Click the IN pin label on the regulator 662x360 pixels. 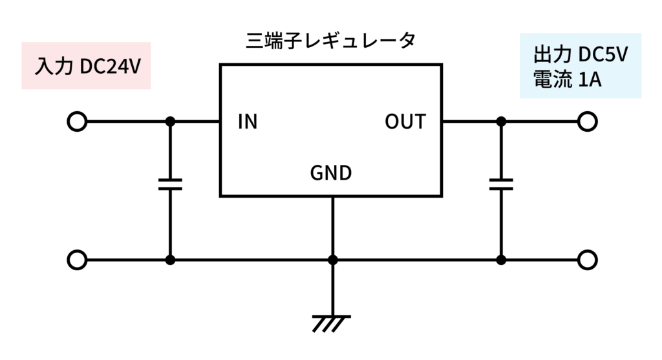pos(247,122)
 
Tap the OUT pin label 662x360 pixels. pos(405,122)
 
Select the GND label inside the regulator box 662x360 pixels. pos(331,173)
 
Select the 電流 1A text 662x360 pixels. pos(568,81)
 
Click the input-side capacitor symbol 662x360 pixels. pos(170,184)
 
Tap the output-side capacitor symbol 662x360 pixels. pos(501,184)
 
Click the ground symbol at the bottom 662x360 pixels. pos(332,323)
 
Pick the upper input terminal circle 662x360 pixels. pos(76,122)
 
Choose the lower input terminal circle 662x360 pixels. pos(76,260)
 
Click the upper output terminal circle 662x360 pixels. pos(587,122)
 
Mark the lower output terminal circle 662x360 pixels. pos(587,260)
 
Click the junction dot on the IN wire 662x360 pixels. pos(170,122)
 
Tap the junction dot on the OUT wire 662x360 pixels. pos(501,122)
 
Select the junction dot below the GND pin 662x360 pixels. pos(332,260)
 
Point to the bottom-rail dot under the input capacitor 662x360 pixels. pos(170,260)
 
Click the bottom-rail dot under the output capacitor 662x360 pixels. pos(501,260)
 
